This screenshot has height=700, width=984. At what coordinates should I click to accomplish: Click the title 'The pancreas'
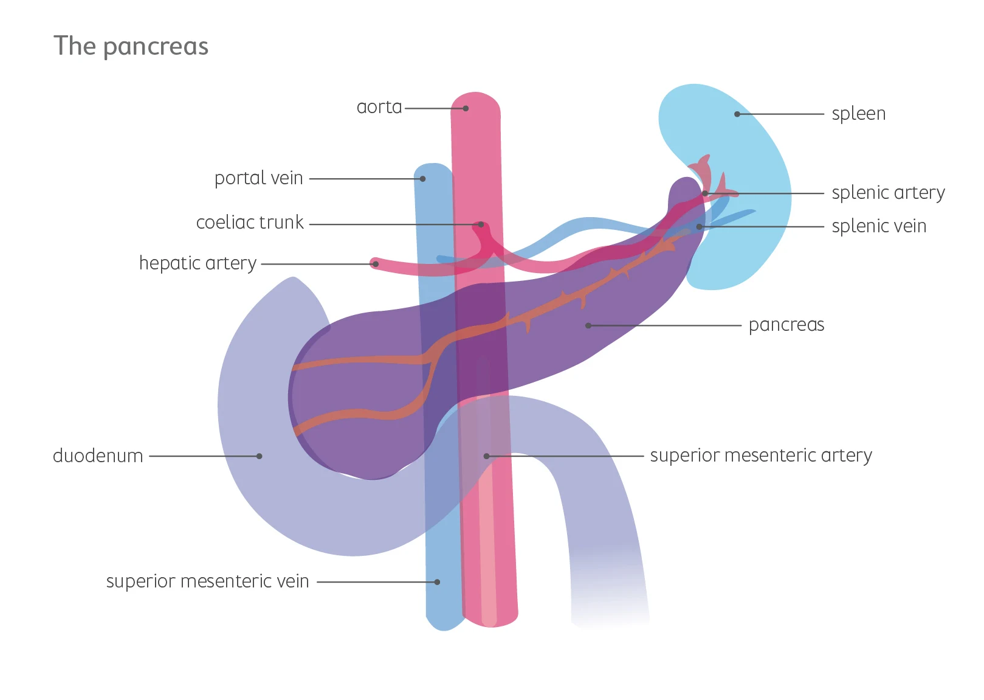click(131, 46)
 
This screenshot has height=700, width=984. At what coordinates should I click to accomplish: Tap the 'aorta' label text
click(379, 107)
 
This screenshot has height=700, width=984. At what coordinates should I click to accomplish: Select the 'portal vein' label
click(258, 178)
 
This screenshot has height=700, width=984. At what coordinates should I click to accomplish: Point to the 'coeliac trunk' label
click(249, 223)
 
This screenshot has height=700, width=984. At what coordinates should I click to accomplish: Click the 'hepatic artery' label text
click(198, 263)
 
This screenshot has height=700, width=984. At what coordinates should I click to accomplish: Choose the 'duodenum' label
click(98, 456)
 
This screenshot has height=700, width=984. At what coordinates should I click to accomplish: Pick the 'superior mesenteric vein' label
click(207, 581)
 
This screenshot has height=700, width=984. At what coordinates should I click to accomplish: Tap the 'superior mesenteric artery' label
click(760, 456)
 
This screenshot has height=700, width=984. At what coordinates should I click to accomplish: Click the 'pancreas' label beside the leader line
click(786, 325)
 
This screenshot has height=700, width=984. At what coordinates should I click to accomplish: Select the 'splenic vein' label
click(878, 226)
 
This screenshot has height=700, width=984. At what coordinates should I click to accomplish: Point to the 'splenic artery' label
click(888, 193)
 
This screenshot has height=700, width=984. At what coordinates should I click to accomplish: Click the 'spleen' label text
click(858, 114)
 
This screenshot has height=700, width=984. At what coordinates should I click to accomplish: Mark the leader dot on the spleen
click(737, 114)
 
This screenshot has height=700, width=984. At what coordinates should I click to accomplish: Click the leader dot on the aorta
click(466, 108)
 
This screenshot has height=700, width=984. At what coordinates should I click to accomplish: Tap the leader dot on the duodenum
click(260, 456)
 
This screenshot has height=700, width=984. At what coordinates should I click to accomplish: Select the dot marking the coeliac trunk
click(481, 224)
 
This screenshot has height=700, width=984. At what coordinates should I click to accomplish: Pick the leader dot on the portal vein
click(422, 179)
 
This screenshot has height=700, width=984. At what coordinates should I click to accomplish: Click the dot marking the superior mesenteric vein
click(437, 582)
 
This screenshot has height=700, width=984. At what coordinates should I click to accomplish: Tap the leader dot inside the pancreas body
click(588, 325)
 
